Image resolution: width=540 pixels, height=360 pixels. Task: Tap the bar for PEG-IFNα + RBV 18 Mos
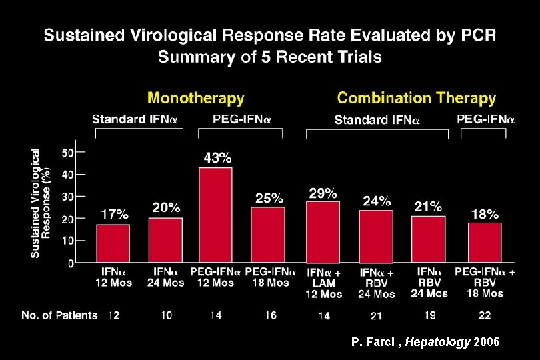point(485,241)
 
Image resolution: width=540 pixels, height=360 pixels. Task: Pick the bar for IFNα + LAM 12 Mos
point(323,231)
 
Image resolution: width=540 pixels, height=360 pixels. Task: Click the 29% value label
point(323,193)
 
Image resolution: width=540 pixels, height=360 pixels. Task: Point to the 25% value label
point(270,198)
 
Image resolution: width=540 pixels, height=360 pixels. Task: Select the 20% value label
point(166,208)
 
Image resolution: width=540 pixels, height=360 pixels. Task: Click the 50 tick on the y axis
point(67,153)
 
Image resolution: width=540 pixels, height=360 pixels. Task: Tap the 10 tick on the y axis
point(67,240)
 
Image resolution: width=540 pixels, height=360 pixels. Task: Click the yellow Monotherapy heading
point(195,98)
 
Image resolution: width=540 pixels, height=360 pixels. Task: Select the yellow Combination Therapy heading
point(416,98)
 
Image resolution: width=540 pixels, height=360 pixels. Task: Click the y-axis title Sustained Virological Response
point(41,203)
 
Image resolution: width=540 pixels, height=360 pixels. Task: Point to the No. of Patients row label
point(59,315)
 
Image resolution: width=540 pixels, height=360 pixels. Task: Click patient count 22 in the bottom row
point(485,315)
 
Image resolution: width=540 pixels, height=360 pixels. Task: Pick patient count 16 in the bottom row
point(270,315)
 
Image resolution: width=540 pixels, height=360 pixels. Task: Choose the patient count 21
point(377,315)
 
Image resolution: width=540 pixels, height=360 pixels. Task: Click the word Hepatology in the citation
point(437,342)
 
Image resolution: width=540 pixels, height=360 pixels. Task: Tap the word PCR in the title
point(477,35)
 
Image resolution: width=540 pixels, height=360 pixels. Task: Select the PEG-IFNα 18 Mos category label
point(271,277)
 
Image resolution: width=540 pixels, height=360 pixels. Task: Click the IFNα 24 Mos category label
point(166,277)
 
